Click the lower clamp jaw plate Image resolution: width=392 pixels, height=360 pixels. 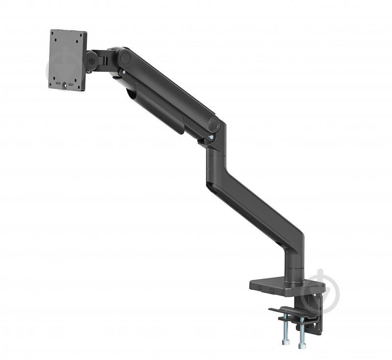click(289, 312)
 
